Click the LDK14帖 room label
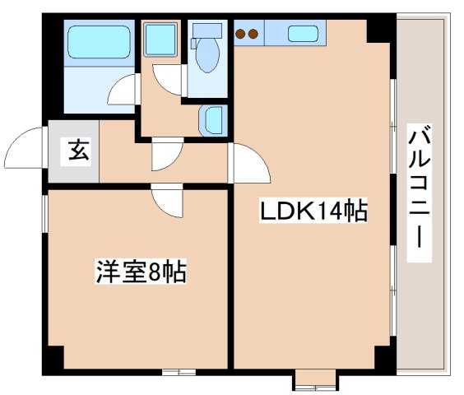(x=313, y=211)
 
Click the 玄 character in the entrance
(x=75, y=151)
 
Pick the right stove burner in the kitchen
(x=254, y=35)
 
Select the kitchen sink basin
(x=303, y=34)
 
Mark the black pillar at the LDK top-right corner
(x=380, y=30)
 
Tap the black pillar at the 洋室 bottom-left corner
(x=55, y=359)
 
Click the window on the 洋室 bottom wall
(x=174, y=372)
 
